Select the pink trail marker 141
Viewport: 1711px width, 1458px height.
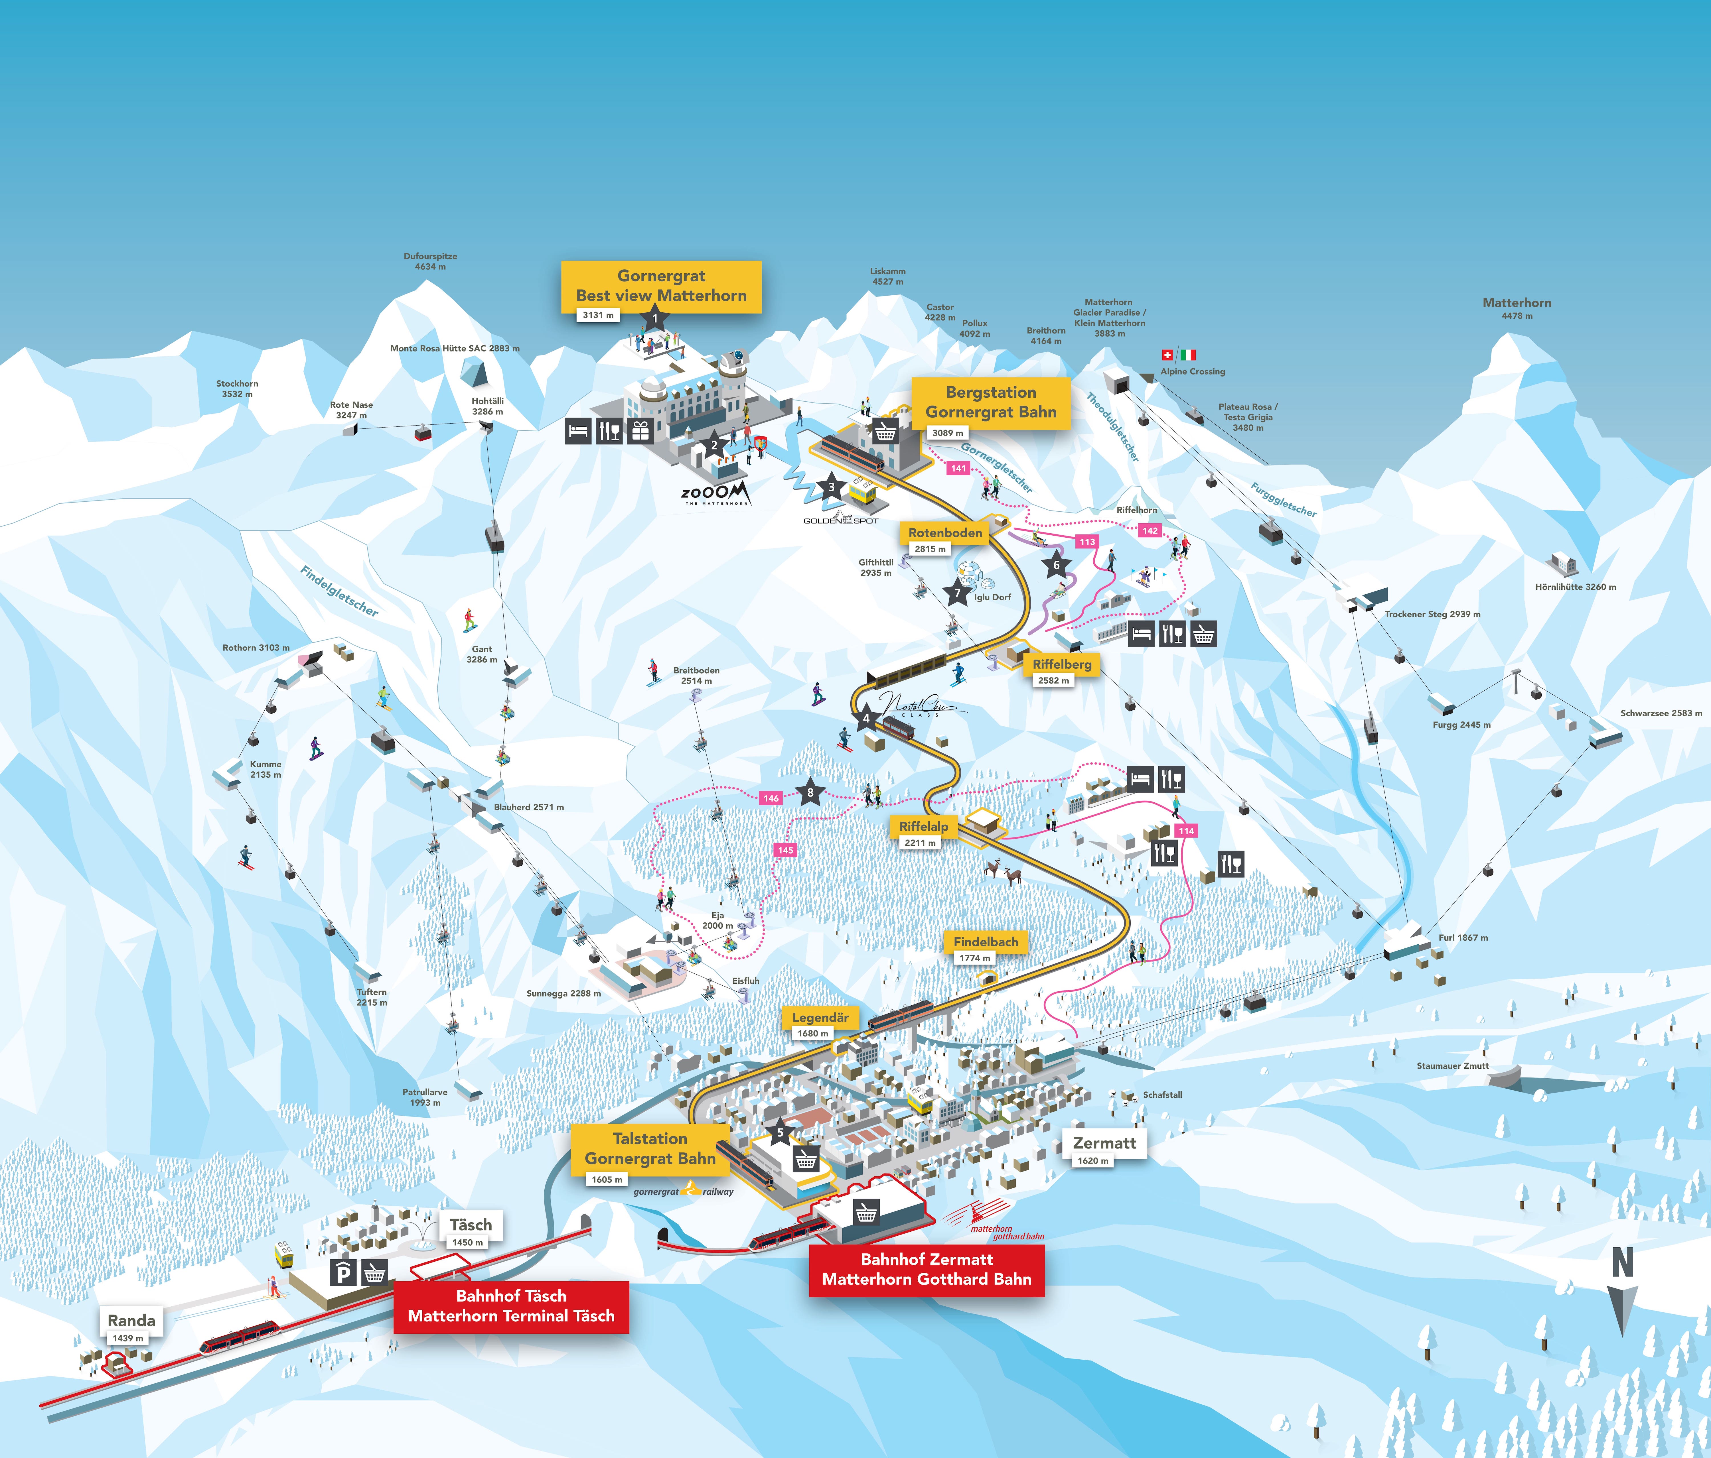point(958,468)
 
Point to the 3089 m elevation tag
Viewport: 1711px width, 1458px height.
point(947,433)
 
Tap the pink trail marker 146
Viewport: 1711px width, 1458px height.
point(771,798)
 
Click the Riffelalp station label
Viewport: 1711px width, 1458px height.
point(923,826)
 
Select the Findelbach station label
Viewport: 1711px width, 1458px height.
point(985,942)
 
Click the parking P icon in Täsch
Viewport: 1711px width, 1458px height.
point(343,1274)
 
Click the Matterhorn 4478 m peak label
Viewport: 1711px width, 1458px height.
point(1517,308)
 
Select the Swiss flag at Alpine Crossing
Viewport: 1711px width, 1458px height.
point(1167,355)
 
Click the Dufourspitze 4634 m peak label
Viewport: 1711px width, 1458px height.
point(430,261)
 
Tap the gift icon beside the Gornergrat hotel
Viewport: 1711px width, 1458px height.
point(640,430)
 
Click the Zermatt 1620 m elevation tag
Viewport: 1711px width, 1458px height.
point(1092,1161)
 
